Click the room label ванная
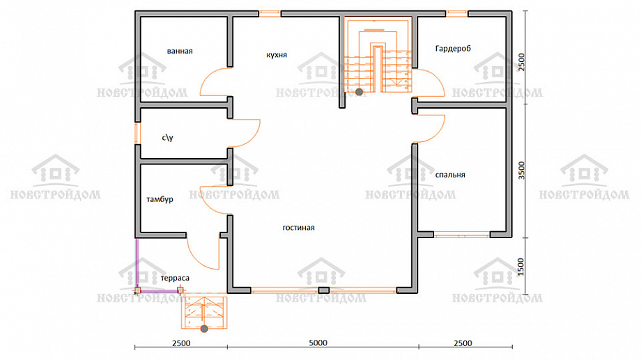[x=180, y=51]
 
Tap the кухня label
[x=277, y=55]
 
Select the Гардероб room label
[x=453, y=49]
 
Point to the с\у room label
[x=167, y=138]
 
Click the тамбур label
[x=160, y=199]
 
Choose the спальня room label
[x=450, y=175]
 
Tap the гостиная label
[x=298, y=228]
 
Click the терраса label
[x=175, y=279]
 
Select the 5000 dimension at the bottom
[x=318, y=343]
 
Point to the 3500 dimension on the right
[x=521, y=171]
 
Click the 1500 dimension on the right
[x=521, y=267]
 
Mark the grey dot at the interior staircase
[x=359, y=92]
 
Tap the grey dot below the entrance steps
[x=204, y=329]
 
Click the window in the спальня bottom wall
[x=461, y=235]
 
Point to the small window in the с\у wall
[x=137, y=133]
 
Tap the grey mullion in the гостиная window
[x=324, y=290]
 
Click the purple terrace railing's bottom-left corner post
[x=138, y=290]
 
